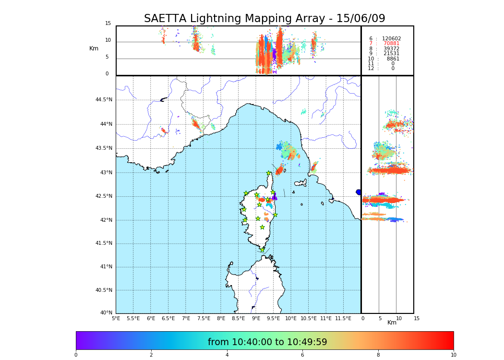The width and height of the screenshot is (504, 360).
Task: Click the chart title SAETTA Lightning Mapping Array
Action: [x=264, y=19]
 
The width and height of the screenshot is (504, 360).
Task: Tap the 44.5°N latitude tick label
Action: [x=104, y=100]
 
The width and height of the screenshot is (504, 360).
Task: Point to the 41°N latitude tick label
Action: [x=106, y=267]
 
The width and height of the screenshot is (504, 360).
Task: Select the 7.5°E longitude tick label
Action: [x=204, y=318]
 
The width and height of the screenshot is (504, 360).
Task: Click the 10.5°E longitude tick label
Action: [x=309, y=318]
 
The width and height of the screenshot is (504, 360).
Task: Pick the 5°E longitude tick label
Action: [x=116, y=318]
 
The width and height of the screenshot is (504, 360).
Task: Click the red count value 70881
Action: [x=391, y=44]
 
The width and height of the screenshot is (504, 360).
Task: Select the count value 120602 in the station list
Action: [x=391, y=39]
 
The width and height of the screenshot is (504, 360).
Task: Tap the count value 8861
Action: [x=393, y=59]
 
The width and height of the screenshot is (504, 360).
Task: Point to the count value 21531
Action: [x=391, y=54]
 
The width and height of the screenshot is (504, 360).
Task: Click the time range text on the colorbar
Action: [x=267, y=342]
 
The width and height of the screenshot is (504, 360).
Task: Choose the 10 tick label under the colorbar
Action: [x=453, y=355]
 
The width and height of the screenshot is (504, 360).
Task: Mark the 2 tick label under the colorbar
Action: [x=151, y=355]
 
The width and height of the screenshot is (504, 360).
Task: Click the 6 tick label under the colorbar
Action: [x=302, y=355]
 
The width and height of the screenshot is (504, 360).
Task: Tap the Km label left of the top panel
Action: [x=94, y=48]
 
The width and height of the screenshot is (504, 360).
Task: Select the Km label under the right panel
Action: [x=392, y=323]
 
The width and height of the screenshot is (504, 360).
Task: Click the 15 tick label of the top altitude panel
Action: [x=108, y=24]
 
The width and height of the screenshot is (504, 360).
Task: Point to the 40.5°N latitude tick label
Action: [x=104, y=290]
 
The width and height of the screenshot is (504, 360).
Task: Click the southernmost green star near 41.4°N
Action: [x=262, y=250]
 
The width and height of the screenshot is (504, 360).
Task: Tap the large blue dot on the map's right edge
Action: [x=359, y=192]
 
